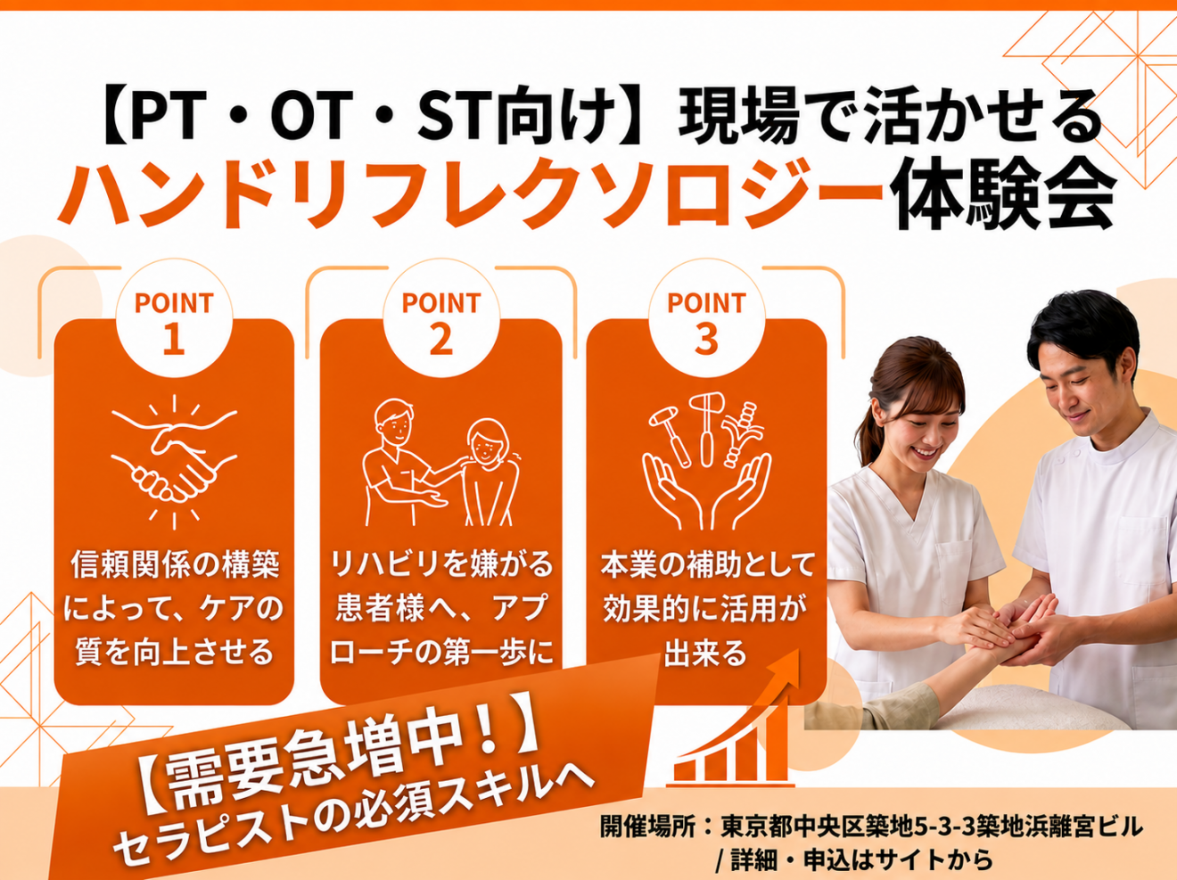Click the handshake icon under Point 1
click(174, 462)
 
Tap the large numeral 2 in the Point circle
click(440, 340)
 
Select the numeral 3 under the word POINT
click(706, 340)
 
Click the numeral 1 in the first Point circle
click(174, 340)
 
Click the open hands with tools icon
click(706, 462)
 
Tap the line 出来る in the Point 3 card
click(705, 653)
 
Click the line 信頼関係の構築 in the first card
click(175, 565)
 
